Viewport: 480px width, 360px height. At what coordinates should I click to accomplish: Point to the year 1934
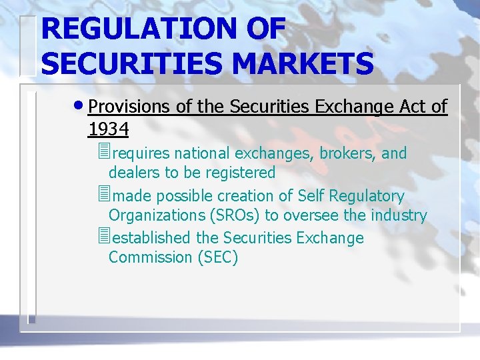click(x=108, y=127)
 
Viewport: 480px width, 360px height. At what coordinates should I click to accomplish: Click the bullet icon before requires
click(x=102, y=153)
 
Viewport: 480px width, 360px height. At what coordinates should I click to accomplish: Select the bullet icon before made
click(x=102, y=196)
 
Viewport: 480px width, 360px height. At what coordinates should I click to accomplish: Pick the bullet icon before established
click(x=102, y=238)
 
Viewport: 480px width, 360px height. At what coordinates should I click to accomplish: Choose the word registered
click(x=239, y=173)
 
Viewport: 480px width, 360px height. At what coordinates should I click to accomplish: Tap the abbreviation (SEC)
click(x=217, y=257)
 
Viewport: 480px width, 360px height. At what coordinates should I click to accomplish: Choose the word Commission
click(x=150, y=257)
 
